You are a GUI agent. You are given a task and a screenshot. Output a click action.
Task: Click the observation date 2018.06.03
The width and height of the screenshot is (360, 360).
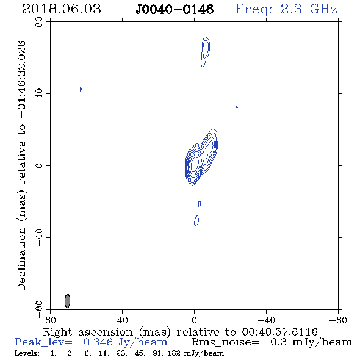click(62, 9)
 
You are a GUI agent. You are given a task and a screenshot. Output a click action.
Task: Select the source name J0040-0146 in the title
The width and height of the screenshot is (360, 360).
click(175, 9)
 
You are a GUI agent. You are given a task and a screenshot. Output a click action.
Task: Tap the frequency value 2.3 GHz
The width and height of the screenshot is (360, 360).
click(309, 9)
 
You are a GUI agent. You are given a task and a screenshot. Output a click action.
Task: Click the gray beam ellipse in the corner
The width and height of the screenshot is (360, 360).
click(67, 301)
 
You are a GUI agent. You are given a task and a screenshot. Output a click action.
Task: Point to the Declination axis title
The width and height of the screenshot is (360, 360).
click(21, 166)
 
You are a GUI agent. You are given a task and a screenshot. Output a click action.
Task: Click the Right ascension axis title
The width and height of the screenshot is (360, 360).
click(181, 332)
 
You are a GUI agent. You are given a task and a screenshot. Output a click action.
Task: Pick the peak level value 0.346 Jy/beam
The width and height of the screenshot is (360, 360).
click(126, 342)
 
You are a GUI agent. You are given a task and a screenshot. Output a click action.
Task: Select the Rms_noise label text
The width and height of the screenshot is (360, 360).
click(225, 342)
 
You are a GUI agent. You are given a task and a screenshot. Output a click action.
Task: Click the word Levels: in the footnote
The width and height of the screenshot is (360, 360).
click(27, 353)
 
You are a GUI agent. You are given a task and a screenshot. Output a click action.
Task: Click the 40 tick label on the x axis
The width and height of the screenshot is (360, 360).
click(123, 320)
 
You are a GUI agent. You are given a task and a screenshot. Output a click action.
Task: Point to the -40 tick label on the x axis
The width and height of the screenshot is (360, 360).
click(266, 320)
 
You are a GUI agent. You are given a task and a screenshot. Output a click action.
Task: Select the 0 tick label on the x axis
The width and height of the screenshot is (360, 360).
click(195, 320)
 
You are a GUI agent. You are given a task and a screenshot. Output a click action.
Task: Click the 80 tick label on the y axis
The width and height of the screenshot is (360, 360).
click(39, 22)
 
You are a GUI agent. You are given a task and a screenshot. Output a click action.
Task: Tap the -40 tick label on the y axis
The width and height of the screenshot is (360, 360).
click(39, 237)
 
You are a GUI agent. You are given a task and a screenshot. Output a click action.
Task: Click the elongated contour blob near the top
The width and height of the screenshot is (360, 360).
click(205, 52)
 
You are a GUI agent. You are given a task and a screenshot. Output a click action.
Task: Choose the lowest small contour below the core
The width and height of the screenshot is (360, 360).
click(196, 221)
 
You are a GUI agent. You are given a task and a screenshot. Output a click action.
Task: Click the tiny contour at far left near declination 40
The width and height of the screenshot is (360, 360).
click(81, 89)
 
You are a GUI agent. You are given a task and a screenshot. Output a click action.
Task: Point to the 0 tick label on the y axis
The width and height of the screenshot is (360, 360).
click(39, 165)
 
